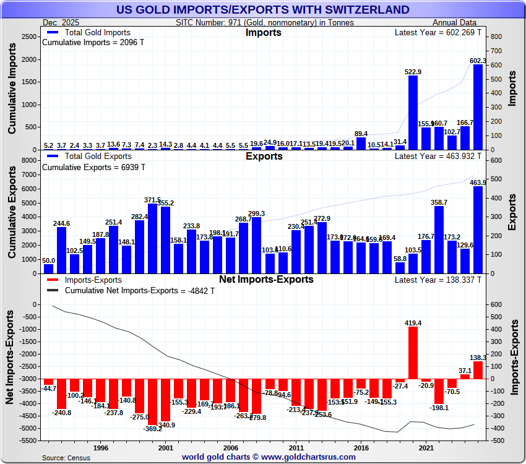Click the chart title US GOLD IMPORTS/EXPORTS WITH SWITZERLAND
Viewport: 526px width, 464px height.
pyautogui.click(x=262, y=9)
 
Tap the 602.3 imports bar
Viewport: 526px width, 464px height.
pyautogui.click(x=478, y=106)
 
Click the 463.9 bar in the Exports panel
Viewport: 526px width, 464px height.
pyautogui.click(x=478, y=230)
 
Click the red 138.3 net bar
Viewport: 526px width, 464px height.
pyautogui.click(x=478, y=370)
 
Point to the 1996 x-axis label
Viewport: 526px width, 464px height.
pyautogui.click(x=101, y=447)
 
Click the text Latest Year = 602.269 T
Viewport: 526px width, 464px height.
pyautogui.click(x=438, y=32)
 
